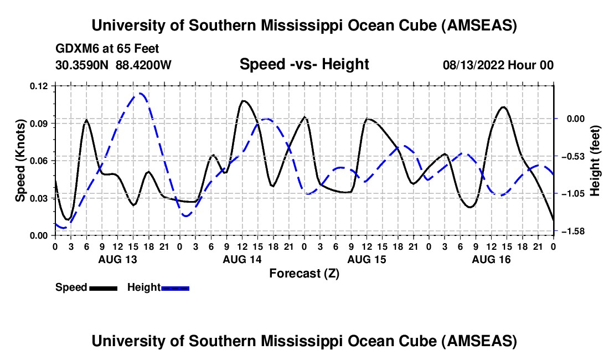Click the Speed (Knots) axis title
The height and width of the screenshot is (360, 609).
(20, 161)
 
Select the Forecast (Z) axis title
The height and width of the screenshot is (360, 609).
(304, 273)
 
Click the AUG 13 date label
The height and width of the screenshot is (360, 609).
(117, 259)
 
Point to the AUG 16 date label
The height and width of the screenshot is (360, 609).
(491, 259)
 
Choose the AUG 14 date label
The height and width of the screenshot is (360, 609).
(242, 259)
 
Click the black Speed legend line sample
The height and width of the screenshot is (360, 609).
(102, 287)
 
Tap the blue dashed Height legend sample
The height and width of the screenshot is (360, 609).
(175, 287)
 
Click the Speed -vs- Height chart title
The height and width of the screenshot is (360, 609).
(304, 64)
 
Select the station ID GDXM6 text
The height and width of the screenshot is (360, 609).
(75, 49)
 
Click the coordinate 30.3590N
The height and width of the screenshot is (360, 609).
(83, 65)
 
